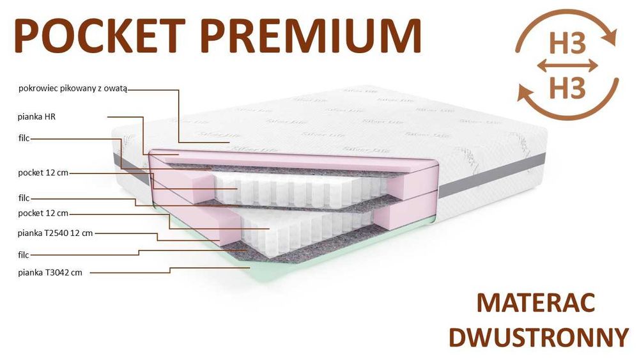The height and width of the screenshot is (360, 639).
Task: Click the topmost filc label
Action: [24, 137]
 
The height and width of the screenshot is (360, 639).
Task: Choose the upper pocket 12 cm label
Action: [43, 173]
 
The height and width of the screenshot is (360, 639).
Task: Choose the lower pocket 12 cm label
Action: [43, 213]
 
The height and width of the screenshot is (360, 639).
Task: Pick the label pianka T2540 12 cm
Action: [56, 233]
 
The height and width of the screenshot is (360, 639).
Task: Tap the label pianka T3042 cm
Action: [50, 272]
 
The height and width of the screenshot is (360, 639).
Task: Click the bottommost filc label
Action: [24, 254]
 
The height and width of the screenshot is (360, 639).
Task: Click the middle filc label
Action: [24, 199]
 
